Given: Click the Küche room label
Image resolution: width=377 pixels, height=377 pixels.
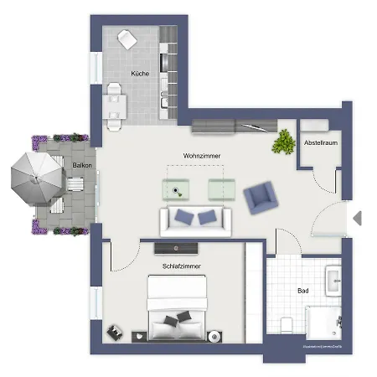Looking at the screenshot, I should pos(140,74).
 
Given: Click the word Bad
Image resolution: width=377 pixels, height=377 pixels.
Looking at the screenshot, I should pos(302,291).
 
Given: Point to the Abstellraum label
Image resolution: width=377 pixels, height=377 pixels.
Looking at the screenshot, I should pos(319,143).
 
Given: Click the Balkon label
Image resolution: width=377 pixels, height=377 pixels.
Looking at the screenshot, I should pos(81,165).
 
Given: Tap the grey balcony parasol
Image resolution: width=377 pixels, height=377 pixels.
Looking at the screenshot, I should pos(38,178).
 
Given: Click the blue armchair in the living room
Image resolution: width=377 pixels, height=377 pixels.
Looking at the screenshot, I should pos(260,198).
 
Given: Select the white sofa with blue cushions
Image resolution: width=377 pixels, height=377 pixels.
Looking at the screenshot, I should pos(195,220).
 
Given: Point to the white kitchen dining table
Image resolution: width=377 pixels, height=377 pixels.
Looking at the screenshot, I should pos(115,105).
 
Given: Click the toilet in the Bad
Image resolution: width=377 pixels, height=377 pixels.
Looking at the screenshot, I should pos(287,326).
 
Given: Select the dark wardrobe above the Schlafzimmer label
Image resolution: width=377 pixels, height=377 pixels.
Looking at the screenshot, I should pos(176,246).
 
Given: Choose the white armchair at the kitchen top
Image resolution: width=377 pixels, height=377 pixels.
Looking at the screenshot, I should pos(127,39).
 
